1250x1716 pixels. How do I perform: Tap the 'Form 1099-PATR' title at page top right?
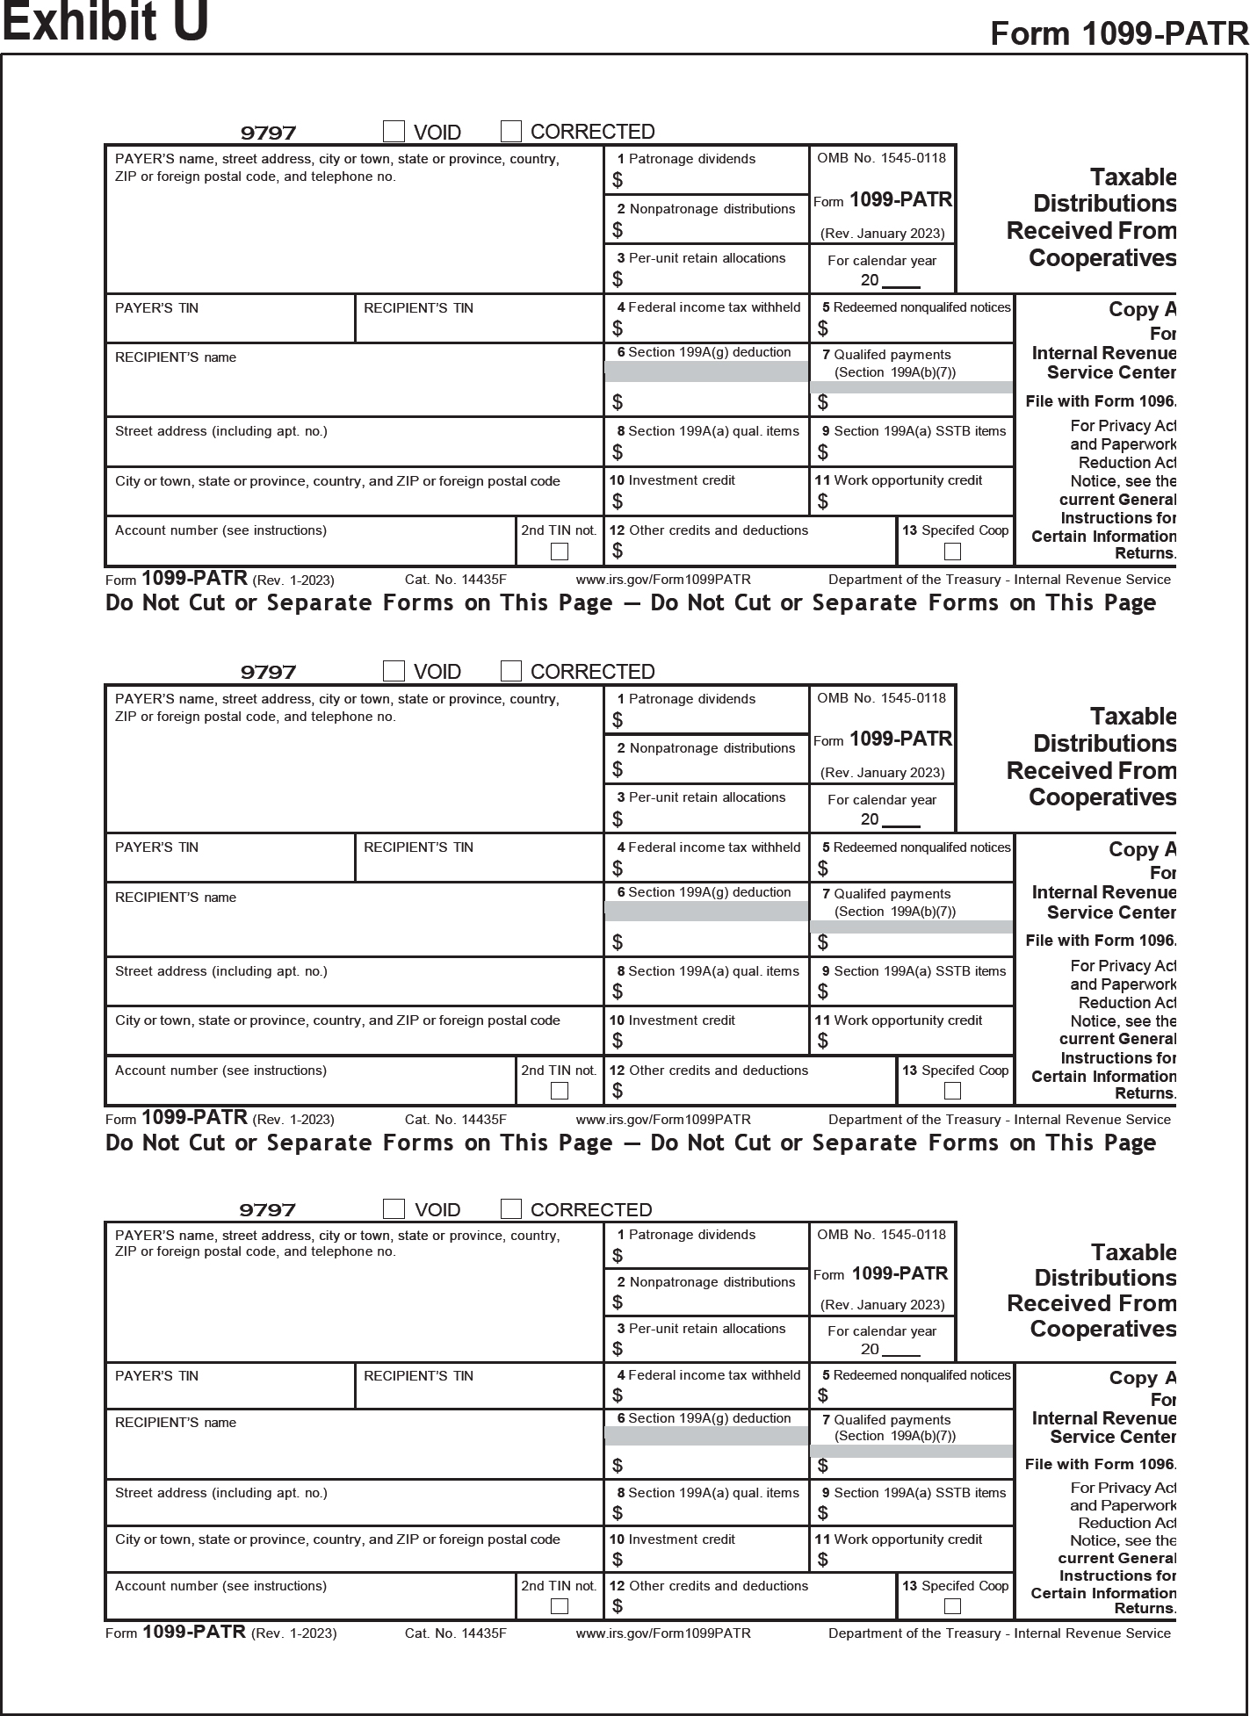point(1118,33)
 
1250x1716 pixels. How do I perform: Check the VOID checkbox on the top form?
point(394,132)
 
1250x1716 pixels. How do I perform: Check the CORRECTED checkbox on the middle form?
point(511,671)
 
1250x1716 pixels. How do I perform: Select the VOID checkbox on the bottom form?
point(394,1208)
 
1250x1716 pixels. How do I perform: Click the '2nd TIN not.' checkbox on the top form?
point(559,552)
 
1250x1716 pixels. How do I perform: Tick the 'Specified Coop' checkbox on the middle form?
point(952,1091)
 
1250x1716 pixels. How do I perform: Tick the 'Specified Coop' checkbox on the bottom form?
point(952,1606)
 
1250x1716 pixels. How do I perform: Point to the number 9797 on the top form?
point(268,133)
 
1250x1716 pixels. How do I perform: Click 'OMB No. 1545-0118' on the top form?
point(881,158)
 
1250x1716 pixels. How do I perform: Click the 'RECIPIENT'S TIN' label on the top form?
point(418,308)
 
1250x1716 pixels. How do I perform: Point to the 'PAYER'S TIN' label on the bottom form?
point(156,1376)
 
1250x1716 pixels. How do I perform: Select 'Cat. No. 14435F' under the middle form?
point(456,1120)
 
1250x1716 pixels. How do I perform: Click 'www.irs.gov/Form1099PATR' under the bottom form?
point(663,1633)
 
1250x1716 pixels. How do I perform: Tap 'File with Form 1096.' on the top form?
point(1100,401)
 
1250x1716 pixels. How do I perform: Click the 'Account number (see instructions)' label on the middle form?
point(220,1071)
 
